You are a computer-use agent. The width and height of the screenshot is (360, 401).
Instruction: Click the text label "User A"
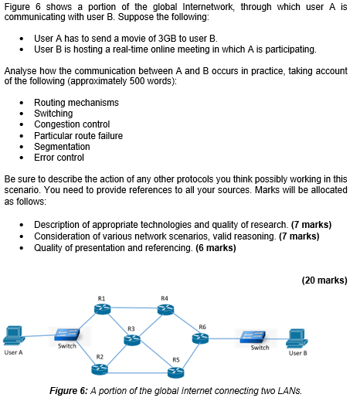[13, 352]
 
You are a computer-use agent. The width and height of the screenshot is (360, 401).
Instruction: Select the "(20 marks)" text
[324, 280]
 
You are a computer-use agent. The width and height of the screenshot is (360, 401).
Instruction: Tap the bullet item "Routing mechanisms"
[76, 103]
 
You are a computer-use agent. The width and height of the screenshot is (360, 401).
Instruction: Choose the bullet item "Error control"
[59, 157]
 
